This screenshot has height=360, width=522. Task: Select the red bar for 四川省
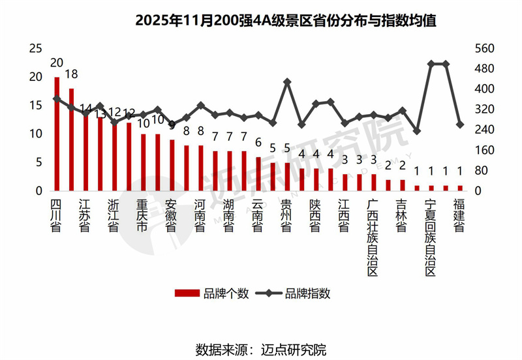[57, 134]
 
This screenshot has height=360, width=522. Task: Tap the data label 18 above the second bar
[71, 73]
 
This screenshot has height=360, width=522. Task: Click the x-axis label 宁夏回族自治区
[430, 238]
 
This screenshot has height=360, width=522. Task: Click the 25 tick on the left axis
[36, 48]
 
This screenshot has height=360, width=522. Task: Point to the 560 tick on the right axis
[484, 48]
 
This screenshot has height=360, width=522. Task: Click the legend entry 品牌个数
[211, 293]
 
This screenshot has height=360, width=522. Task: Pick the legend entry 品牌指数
[294, 293]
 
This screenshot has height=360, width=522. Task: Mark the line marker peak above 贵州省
[287, 82]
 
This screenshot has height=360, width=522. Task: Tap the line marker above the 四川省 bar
[57, 99]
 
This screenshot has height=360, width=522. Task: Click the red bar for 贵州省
[287, 176]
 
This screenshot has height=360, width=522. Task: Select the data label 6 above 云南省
[258, 143]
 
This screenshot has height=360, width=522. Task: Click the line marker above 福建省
[459, 125]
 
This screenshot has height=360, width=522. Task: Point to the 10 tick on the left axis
[36, 134]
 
